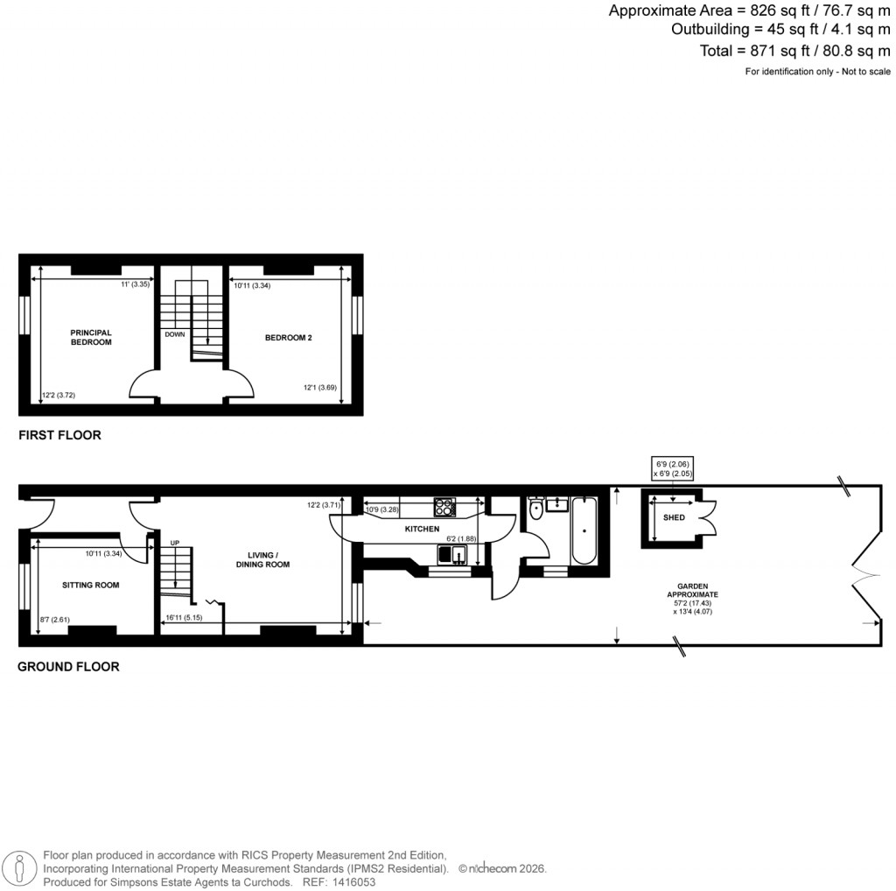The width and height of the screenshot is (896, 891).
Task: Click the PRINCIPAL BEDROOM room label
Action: [x=91, y=337]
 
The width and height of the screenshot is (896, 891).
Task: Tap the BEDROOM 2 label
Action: [x=288, y=337]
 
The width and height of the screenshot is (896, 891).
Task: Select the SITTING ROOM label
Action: [x=91, y=585]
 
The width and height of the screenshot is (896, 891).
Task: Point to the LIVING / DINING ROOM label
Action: [x=269, y=559]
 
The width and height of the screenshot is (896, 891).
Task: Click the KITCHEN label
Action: [x=422, y=530]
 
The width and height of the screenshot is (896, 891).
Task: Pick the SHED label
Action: [x=674, y=517]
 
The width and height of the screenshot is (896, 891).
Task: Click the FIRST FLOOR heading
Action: [x=59, y=435]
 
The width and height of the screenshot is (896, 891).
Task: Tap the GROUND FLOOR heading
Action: [x=68, y=667]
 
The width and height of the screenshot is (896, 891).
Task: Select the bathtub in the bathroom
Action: [x=584, y=530]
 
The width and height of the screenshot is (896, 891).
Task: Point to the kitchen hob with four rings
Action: [x=444, y=507]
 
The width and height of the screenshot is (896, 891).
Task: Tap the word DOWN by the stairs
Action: [x=174, y=334]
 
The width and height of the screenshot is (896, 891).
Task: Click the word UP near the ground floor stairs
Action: [x=174, y=544]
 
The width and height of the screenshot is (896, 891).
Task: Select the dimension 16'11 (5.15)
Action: [x=184, y=618]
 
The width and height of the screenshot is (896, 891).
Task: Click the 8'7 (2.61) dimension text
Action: [x=55, y=621]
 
